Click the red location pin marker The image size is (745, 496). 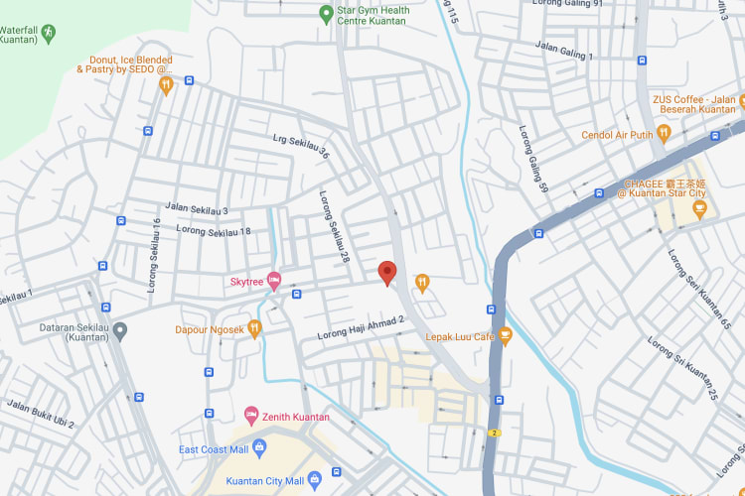click(387, 272)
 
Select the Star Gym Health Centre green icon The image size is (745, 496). click(325, 14)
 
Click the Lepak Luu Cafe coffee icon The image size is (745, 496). click(505, 336)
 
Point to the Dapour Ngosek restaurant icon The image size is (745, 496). click(255, 328)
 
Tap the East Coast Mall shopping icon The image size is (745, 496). click(259, 449)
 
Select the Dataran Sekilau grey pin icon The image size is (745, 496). click(120, 329)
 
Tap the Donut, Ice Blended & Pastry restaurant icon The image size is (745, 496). click(166, 85)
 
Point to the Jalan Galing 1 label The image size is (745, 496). click(564, 50)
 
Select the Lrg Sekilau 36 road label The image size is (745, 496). click(301, 146)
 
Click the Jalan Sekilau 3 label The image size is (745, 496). click(197, 210)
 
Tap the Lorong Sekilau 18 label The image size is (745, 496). click(214, 231)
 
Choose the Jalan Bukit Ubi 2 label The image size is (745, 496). click(42, 414)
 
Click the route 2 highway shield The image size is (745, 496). click(495, 433)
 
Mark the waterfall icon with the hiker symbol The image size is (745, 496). click(47, 33)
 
